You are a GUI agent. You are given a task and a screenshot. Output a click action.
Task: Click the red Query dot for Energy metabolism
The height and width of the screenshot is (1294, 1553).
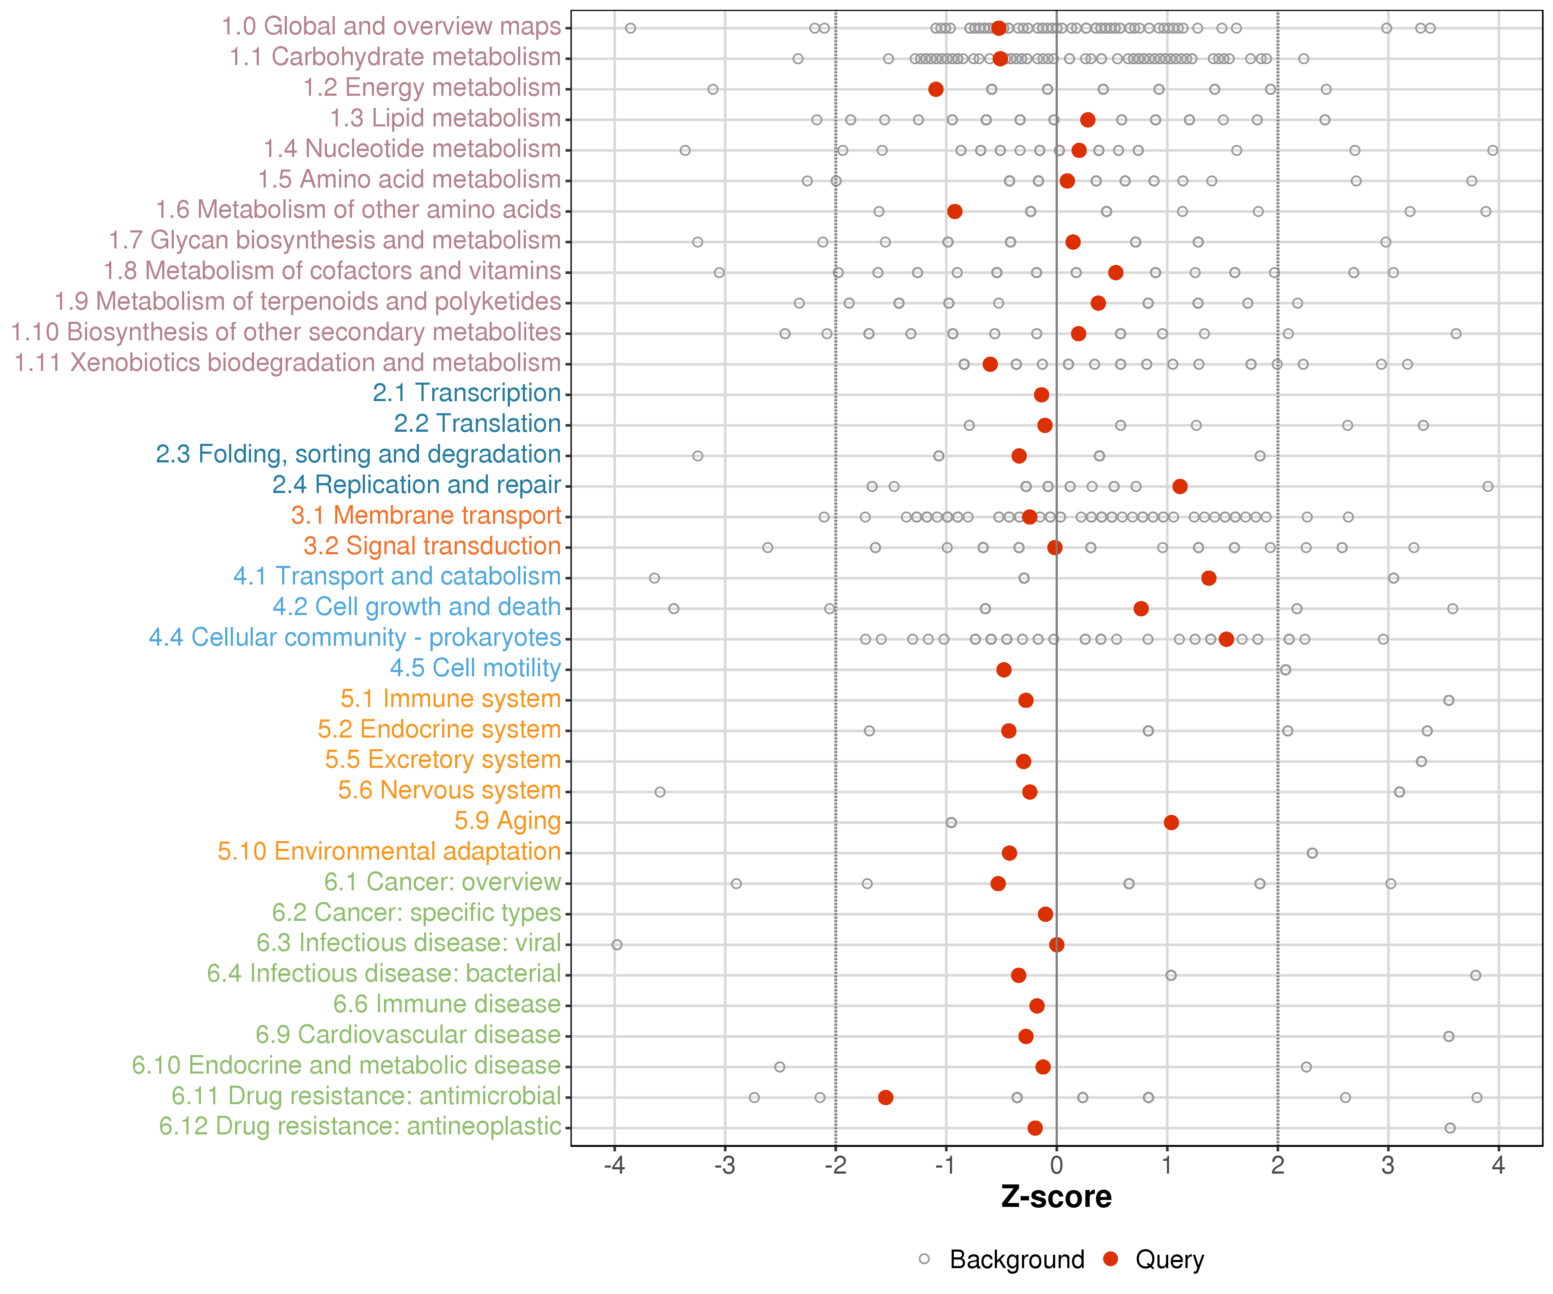[x=936, y=89]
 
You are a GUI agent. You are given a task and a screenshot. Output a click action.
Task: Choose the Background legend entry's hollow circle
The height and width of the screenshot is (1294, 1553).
[x=924, y=1259]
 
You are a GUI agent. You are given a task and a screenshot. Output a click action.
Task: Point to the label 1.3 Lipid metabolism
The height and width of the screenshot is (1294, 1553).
[x=445, y=118]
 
